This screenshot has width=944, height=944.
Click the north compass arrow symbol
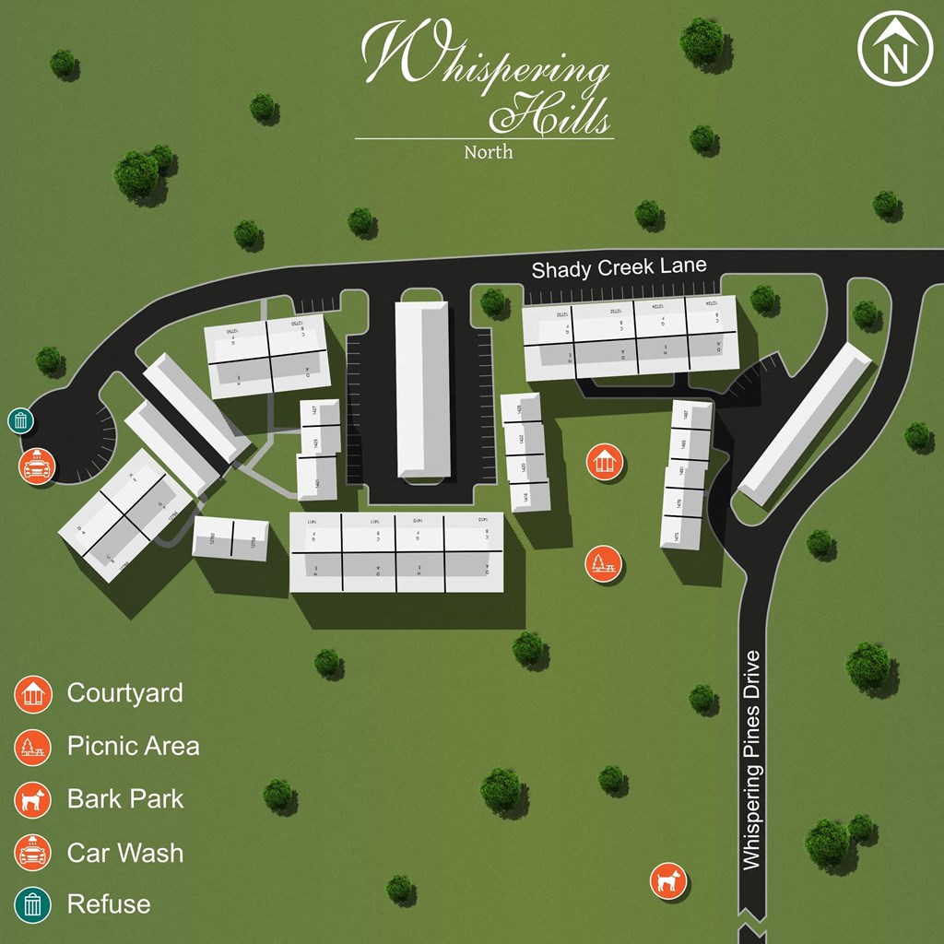(x=895, y=51)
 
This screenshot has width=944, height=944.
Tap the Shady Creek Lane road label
(x=619, y=268)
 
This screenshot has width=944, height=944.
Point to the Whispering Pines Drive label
(x=752, y=760)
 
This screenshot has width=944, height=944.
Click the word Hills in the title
(x=550, y=114)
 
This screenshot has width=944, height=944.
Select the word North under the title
(x=489, y=151)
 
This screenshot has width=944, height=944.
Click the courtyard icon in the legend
(x=33, y=693)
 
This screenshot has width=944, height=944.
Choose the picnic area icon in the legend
(x=33, y=747)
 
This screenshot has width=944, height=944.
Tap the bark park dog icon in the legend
(x=33, y=799)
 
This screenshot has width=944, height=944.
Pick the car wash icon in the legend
(x=33, y=852)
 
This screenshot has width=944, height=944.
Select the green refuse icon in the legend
(x=33, y=904)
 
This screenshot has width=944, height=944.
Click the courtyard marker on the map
(x=605, y=461)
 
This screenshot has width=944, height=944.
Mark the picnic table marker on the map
(x=603, y=563)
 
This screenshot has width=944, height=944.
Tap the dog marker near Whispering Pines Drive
(x=667, y=880)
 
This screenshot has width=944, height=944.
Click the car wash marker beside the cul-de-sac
(x=36, y=466)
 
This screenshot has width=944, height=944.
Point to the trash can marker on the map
(x=21, y=421)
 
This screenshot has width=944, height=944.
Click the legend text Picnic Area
(x=133, y=746)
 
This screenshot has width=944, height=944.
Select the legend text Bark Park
(x=125, y=799)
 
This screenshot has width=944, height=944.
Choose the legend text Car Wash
(x=125, y=853)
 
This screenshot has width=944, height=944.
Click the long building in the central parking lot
(x=423, y=388)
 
